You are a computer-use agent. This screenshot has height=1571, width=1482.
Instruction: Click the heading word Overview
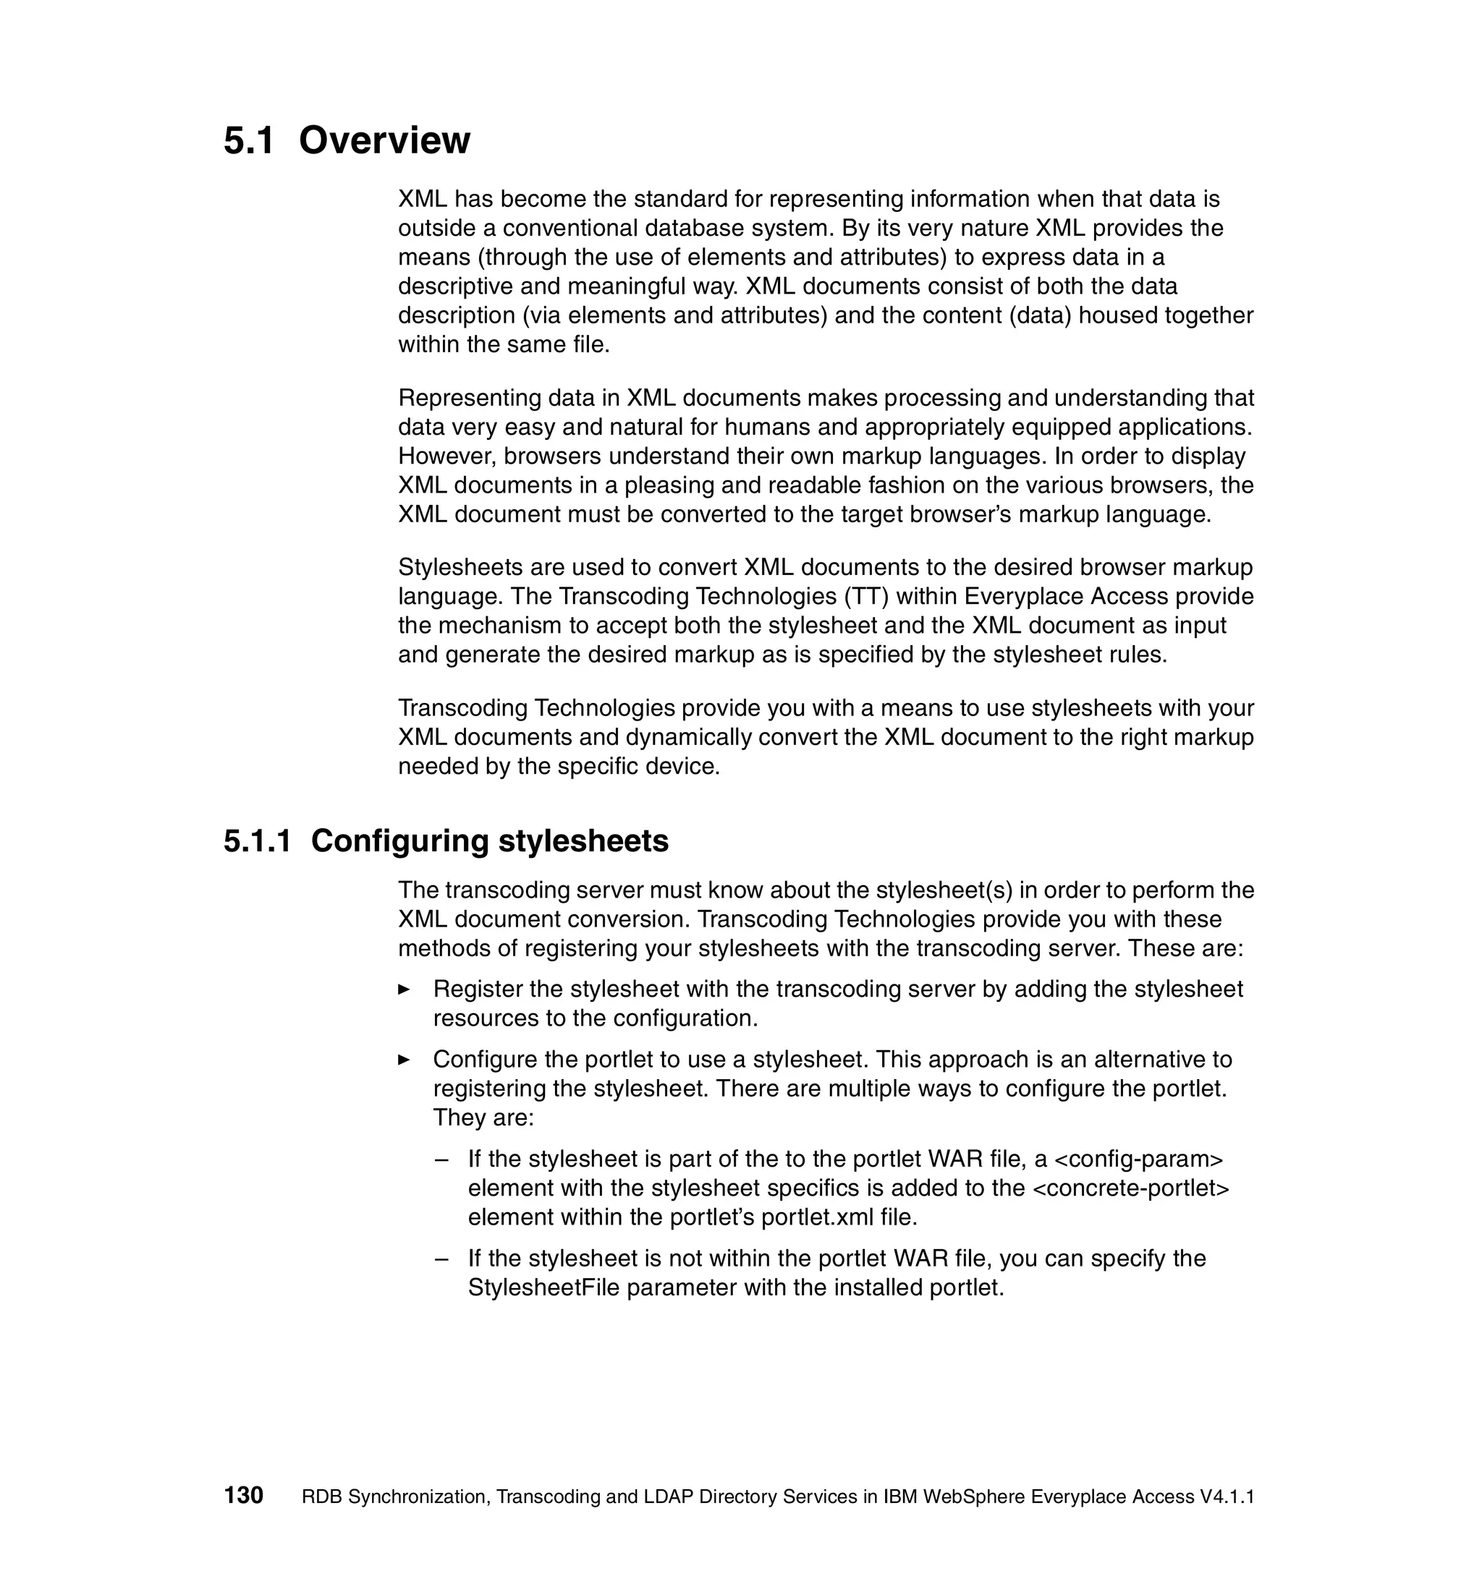tap(384, 140)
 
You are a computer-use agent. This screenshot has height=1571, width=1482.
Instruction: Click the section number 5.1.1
tap(257, 840)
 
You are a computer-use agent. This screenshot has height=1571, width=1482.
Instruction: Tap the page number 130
tap(243, 1495)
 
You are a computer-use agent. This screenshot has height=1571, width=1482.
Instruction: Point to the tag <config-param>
tap(1139, 1159)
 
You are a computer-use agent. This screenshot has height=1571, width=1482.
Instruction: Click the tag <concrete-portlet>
tap(1131, 1188)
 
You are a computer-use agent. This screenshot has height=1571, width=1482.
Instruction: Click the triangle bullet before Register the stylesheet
tap(404, 989)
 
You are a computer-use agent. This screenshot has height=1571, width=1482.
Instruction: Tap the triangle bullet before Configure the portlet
tap(404, 1060)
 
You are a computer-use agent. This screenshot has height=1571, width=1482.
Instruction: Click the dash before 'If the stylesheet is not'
tap(442, 1259)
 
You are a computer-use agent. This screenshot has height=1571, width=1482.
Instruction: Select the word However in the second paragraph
tap(446, 456)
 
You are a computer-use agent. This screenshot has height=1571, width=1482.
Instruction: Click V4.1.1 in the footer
tap(1227, 1497)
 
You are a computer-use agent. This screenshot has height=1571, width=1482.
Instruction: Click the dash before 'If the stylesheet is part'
tap(442, 1159)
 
